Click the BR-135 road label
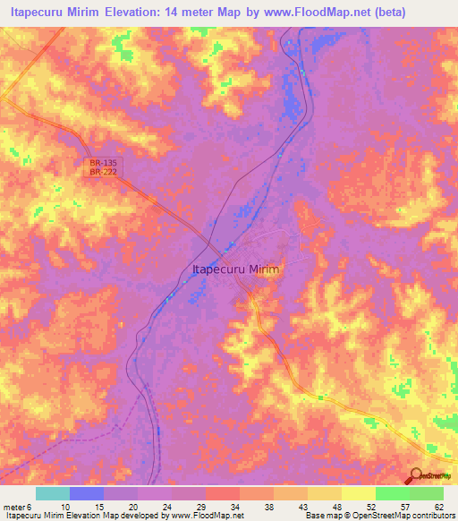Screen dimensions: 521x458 click(103, 163)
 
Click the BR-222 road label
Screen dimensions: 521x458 click(103, 171)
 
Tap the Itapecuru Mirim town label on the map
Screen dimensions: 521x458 click(236, 269)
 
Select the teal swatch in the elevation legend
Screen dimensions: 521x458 click(53, 493)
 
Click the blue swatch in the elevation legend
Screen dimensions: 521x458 click(87, 493)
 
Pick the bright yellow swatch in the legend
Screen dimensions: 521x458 click(358, 493)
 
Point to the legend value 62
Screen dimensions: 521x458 click(437, 506)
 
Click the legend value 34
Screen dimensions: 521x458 click(233, 506)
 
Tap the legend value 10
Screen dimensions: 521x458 click(64, 506)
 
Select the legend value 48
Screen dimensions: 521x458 click(335, 506)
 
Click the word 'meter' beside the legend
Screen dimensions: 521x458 click(13, 506)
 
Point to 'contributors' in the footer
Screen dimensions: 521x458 click(434, 517)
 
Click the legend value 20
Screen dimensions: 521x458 click(131, 506)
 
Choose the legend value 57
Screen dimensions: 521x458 click(403, 506)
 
